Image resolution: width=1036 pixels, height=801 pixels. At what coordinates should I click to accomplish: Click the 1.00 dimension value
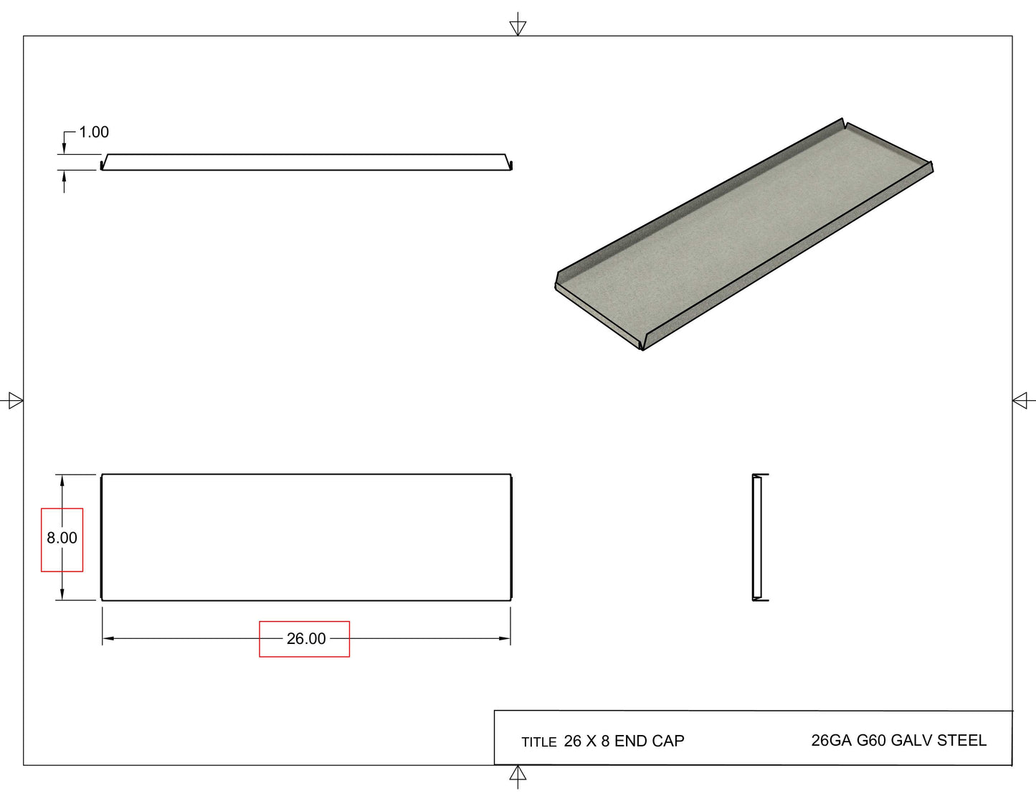coord(94,132)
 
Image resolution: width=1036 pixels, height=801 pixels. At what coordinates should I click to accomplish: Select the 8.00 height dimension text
coord(62,538)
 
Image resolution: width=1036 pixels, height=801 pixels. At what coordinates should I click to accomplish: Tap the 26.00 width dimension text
coord(306,638)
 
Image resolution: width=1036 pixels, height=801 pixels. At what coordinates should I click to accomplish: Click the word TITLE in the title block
coord(538,742)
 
